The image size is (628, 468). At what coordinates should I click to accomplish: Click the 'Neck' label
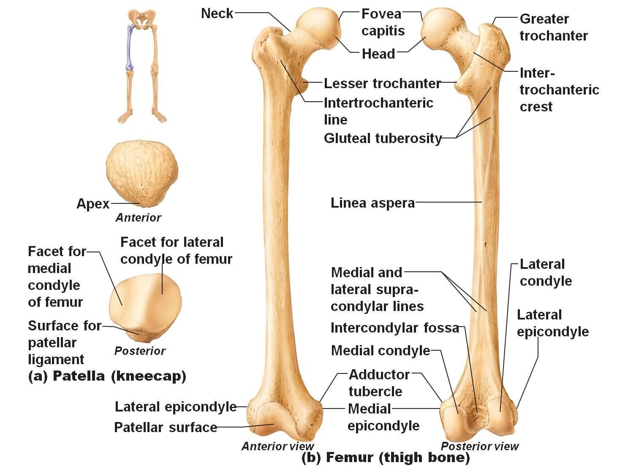click(217, 13)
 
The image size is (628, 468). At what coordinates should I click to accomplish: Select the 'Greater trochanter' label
click(553, 27)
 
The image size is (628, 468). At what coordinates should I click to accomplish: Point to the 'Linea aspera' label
click(372, 203)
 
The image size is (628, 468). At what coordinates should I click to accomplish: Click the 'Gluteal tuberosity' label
click(383, 138)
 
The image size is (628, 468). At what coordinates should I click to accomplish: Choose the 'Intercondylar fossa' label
click(394, 328)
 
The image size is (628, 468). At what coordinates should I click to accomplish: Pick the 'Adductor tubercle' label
click(379, 383)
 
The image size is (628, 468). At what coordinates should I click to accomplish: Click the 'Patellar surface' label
click(166, 427)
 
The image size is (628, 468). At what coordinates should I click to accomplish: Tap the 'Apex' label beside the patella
click(93, 204)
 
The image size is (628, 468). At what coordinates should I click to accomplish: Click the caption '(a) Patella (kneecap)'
click(107, 376)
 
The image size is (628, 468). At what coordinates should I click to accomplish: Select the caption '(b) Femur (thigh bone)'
click(385, 457)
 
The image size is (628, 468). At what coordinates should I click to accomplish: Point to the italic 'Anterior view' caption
click(277, 446)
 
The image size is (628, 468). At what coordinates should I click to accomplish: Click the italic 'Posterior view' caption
click(479, 446)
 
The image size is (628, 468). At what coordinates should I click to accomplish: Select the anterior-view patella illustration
click(141, 174)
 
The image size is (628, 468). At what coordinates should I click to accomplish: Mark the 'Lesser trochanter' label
click(382, 84)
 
